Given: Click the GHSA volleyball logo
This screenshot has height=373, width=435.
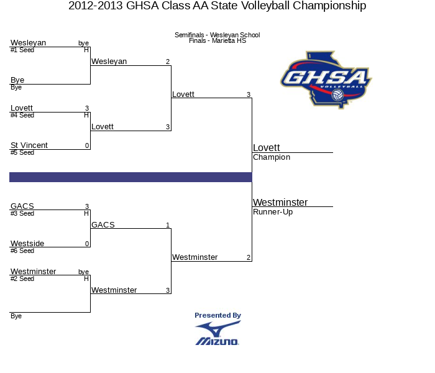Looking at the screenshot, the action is tap(326, 80).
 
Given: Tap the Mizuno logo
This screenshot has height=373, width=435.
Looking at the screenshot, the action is tap(217, 333).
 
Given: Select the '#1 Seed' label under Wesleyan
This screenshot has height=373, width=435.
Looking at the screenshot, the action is tap(22, 50).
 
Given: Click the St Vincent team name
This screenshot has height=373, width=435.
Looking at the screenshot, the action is tap(29, 145).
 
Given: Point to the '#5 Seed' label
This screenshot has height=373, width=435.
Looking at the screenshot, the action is tap(22, 153).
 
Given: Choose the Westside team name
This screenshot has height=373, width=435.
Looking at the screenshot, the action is tap(27, 244).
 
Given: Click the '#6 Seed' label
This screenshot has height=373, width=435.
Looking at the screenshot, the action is tap(22, 251).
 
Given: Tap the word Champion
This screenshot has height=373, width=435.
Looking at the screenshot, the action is tap(272, 157).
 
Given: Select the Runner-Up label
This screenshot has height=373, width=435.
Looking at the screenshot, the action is tap(273, 212).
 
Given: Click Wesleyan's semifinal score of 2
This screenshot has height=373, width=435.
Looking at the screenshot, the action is tap(168, 62).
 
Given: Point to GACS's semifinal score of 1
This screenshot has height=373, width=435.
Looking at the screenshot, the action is tap(168, 225).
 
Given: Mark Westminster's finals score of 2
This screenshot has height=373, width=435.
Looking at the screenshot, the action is tap(249, 257).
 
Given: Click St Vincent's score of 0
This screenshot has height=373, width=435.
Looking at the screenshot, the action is tap(87, 145).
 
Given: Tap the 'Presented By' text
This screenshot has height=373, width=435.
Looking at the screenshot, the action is tap(217, 315).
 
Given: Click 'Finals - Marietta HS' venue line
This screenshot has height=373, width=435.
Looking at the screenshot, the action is tap(217, 41).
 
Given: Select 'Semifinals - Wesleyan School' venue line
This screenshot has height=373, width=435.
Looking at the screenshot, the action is tap(217, 35).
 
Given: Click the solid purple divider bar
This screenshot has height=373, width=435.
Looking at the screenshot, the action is tap(130, 177).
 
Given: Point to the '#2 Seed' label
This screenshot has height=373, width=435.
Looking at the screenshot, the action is tap(22, 279).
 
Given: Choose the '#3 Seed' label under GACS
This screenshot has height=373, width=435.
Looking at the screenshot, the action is tap(22, 213).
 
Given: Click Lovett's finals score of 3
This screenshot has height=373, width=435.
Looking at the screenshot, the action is tap(249, 94).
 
